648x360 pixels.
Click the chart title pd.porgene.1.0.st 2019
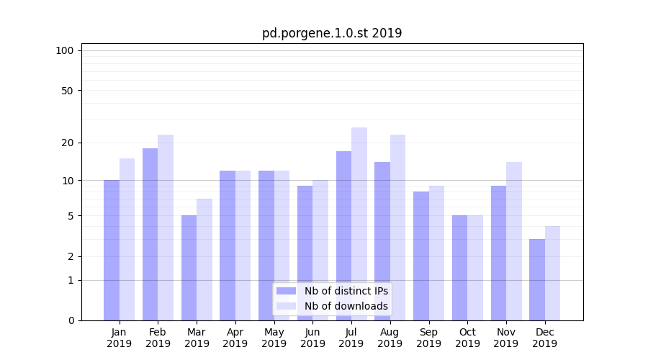pyautogui.click(x=331, y=33)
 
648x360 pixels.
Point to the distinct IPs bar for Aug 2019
pyautogui.click(x=382, y=241)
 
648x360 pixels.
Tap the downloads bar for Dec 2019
pyautogui.click(x=552, y=273)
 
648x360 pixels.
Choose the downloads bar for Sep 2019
pyautogui.click(x=436, y=253)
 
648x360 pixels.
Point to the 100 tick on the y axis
pyautogui.click(x=65, y=50)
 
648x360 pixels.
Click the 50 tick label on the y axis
pyautogui.click(x=67, y=91)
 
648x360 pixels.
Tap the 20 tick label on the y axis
pyautogui.click(x=67, y=143)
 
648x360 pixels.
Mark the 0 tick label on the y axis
pyautogui.click(x=71, y=320)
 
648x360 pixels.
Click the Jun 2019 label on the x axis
pyautogui.click(x=312, y=338)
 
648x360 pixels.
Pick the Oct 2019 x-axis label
pyautogui.click(x=467, y=338)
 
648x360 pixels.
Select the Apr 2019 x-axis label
pyautogui.click(x=235, y=338)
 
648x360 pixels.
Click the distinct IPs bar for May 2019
pyautogui.click(x=266, y=246)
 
